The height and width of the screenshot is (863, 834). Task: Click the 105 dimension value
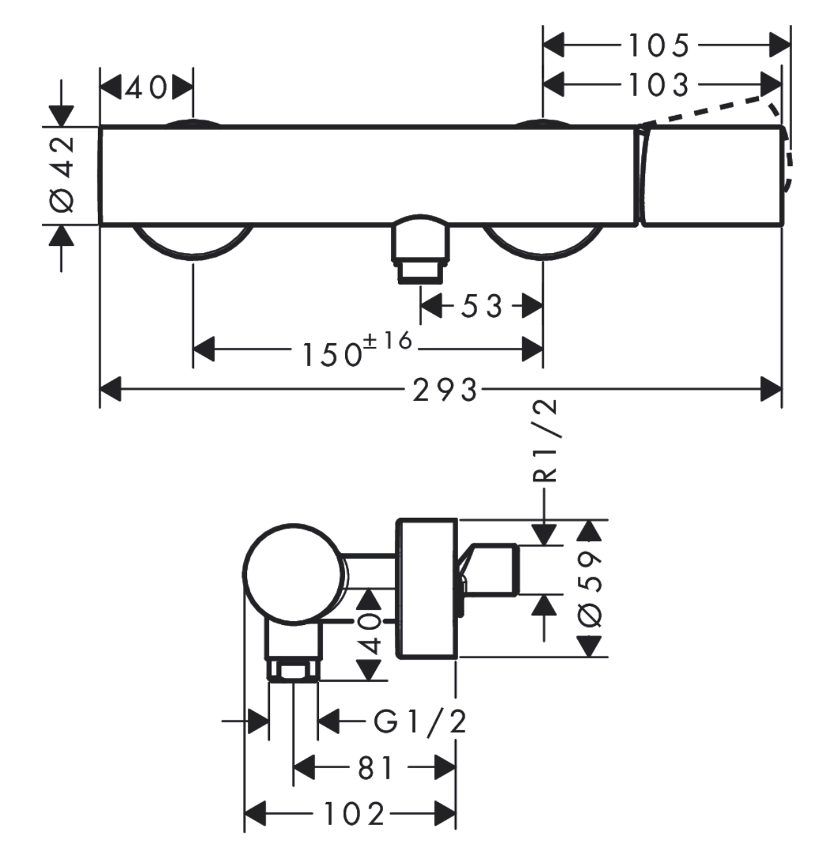(659, 45)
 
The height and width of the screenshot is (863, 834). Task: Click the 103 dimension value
(659, 85)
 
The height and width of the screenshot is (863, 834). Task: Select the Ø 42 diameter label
(62, 175)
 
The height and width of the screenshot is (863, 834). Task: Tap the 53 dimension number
(482, 306)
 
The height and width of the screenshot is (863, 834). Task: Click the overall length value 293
(445, 390)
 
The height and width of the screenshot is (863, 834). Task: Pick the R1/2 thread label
(544, 441)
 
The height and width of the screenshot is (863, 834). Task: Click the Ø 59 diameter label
(590, 589)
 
